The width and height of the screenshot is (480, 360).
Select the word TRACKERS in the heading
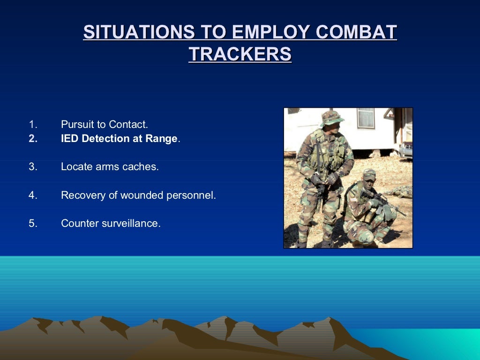(240, 54)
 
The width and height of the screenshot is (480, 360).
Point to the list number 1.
(32, 125)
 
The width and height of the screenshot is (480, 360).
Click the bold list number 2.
(32, 139)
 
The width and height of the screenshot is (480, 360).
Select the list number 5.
(32, 224)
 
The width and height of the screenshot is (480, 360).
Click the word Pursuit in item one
(76, 125)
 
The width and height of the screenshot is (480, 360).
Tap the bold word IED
(70, 139)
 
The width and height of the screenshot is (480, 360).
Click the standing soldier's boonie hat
(331, 117)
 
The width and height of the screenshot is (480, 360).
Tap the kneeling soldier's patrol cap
(369, 174)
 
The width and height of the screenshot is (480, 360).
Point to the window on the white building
(366, 119)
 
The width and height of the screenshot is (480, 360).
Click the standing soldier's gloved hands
(323, 179)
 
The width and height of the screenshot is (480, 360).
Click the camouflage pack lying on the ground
(401, 191)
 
